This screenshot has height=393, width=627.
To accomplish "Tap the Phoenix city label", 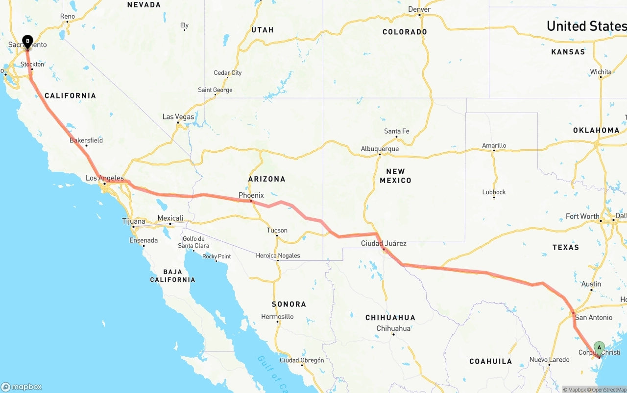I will (x=251, y=195).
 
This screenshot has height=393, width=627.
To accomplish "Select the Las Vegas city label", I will (x=178, y=117).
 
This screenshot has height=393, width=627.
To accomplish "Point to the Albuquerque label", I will (x=380, y=149).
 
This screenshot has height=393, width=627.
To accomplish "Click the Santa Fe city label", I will (x=396, y=131).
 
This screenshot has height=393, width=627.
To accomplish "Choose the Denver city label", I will (x=419, y=9).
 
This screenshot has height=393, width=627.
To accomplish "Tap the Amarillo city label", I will (x=494, y=145).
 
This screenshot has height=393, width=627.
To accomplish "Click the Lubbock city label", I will (x=494, y=192).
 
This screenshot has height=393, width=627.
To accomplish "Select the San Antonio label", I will (x=594, y=317).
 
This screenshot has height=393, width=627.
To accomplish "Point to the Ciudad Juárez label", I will (x=384, y=243).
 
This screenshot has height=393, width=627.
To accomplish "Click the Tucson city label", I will (x=277, y=230).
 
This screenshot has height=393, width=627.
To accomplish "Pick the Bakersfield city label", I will (x=86, y=140).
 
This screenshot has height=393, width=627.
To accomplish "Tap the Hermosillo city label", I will (x=277, y=316).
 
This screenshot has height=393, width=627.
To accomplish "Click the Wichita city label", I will (x=601, y=71).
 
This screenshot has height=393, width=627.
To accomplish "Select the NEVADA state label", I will (x=144, y=5).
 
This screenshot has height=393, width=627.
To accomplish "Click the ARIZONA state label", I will (x=266, y=179).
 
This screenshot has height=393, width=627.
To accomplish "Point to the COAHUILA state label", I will (x=490, y=361).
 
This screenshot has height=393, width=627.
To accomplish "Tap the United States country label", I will (x=586, y=26).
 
